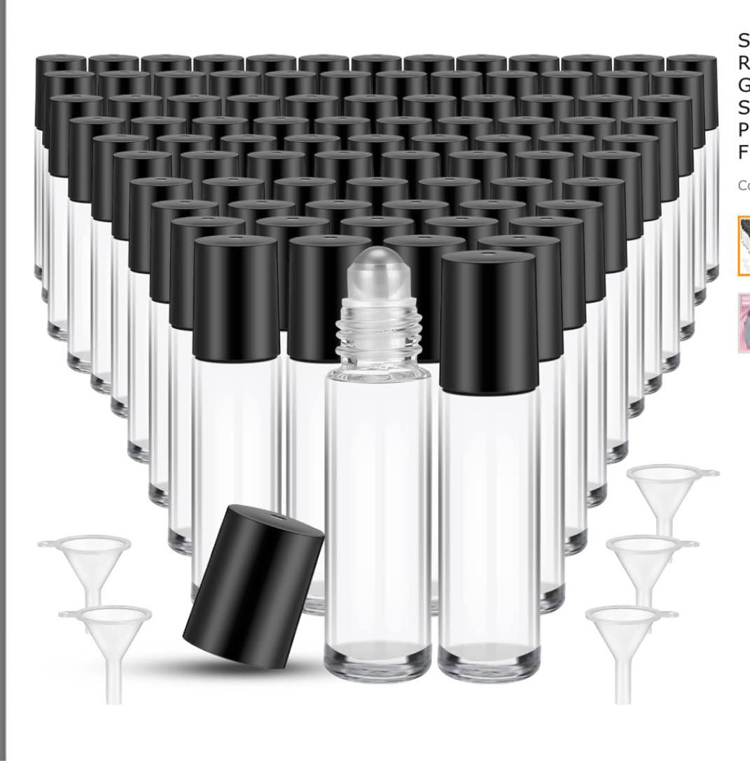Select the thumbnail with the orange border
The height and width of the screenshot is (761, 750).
coord(743,246)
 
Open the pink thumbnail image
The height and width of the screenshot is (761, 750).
coord(743,323)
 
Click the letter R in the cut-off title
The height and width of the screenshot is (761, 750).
coord(744,62)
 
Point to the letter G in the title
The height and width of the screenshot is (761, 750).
coord(744,85)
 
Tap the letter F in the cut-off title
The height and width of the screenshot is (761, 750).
coord(744,152)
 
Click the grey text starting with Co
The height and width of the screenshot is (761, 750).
coord(743,186)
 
